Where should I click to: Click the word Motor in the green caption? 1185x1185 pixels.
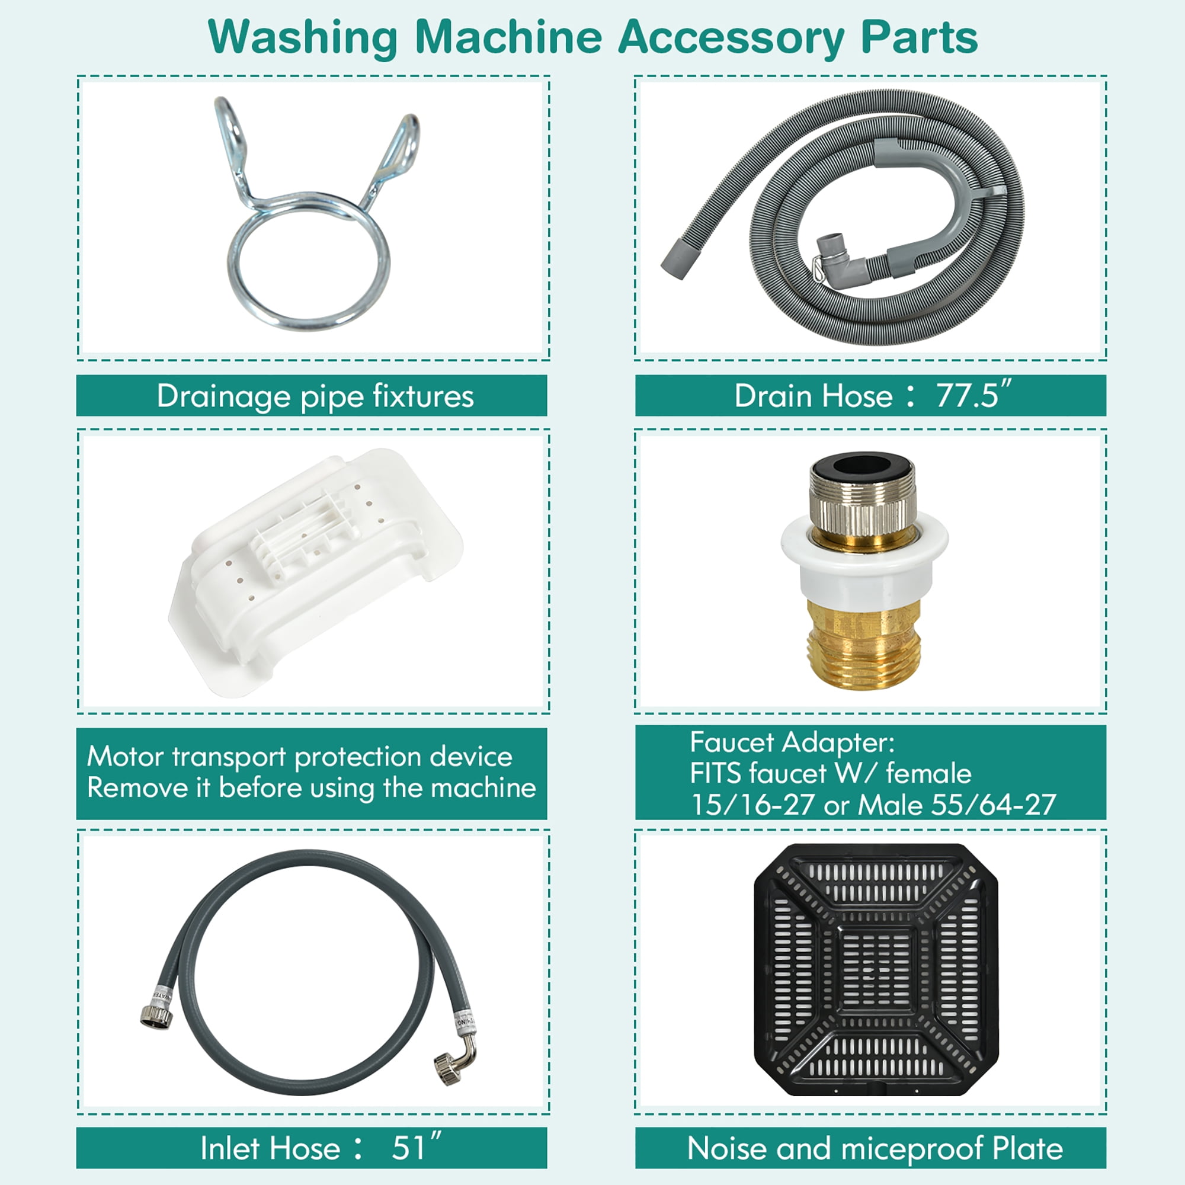[x=126, y=756]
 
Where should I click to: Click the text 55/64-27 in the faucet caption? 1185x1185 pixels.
[x=993, y=805]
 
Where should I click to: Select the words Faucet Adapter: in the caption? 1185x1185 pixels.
[x=792, y=742]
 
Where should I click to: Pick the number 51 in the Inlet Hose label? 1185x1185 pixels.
[x=408, y=1148]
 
